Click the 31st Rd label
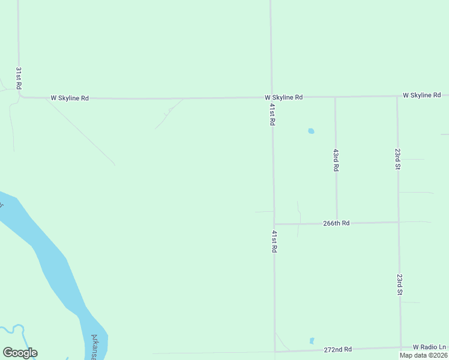19,78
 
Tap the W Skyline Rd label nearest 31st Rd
70,98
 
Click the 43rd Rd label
336,161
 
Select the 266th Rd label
336,223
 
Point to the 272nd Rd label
337,349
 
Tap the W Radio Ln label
430,347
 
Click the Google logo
20,353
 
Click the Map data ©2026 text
424,355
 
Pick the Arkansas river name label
95,347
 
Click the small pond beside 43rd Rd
311,131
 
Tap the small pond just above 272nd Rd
312,341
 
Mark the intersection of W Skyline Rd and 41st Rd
271,97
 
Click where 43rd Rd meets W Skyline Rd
335,97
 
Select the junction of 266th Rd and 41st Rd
274,224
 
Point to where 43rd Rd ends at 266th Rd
337,223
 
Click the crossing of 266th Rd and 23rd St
399,222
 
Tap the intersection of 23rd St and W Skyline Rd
397,96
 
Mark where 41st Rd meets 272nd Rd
275,351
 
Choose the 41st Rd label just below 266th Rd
274,241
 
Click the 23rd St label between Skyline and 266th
397,159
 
